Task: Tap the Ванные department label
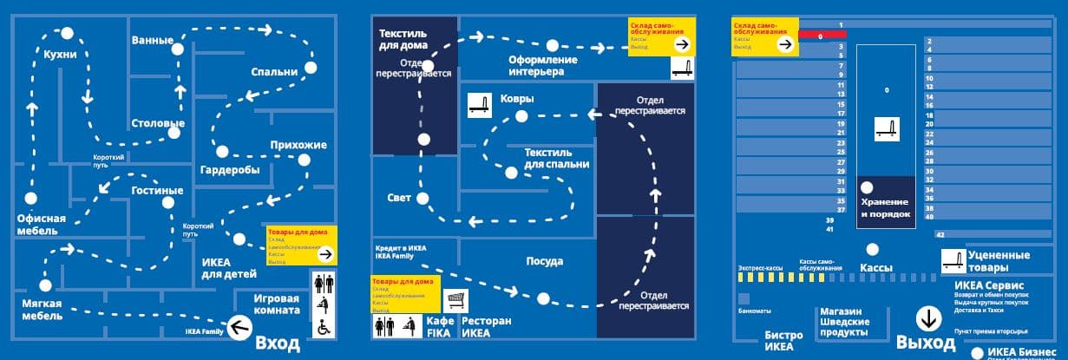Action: [152, 40]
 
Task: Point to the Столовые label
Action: [157, 123]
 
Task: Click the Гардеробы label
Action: [230, 170]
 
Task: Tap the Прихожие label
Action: [298, 144]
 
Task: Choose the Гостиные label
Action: [157, 190]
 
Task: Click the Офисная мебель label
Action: [42, 225]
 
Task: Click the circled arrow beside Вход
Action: [240, 327]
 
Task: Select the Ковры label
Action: [516, 99]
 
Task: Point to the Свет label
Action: [399, 198]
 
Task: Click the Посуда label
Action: [545, 261]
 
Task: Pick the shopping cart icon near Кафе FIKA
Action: [455, 300]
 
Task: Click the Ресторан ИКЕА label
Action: [487, 326]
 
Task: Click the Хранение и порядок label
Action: [886, 207]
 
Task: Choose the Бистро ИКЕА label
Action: [778, 341]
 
